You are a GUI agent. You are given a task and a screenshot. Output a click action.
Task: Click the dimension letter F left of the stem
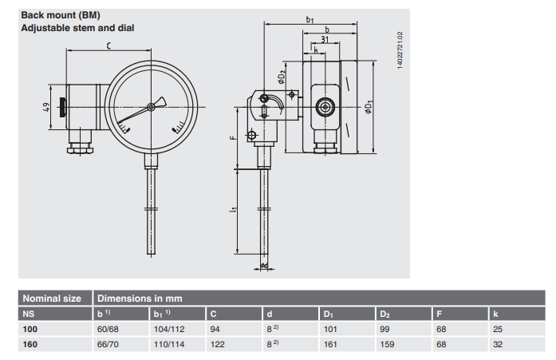pyautogui.click(x=232, y=137)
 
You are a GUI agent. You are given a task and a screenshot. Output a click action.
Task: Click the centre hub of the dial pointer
pyautogui.click(x=151, y=108)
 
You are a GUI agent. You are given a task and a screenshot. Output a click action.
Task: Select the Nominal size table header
pyautogui.click(x=52, y=299)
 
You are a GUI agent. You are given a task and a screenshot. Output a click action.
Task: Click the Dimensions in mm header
pyautogui.click(x=140, y=299)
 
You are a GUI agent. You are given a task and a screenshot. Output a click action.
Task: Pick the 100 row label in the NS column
pyautogui.click(x=30, y=328)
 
